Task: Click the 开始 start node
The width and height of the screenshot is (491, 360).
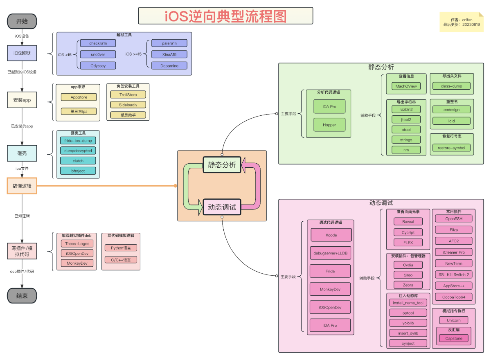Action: click(x=22, y=21)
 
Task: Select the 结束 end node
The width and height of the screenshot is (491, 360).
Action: click(x=22, y=296)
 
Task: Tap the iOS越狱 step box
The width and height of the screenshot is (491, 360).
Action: click(x=22, y=53)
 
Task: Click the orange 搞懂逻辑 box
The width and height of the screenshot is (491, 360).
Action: click(x=22, y=186)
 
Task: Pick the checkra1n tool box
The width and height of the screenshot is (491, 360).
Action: click(x=98, y=43)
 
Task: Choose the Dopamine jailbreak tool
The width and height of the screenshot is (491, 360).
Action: click(x=169, y=65)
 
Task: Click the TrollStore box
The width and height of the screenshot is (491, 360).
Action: click(x=128, y=94)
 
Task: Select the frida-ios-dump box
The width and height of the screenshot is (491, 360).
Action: click(x=78, y=140)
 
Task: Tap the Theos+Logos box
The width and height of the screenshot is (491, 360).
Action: click(x=77, y=243)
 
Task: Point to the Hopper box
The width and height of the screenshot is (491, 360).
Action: click(x=329, y=125)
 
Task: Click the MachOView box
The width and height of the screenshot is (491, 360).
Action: click(x=406, y=86)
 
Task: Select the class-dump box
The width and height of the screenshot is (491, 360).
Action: click(x=451, y=86)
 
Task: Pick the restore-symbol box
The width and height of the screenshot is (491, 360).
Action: click(x=451, y=148)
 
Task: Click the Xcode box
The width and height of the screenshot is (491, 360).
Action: click(x=331, y=235)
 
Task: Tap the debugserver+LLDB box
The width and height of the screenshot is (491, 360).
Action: click(x=330, y=253)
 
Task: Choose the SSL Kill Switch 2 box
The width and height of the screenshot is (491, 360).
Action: click(x=453, y=274)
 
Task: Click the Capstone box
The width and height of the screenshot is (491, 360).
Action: click(x=453, y=338)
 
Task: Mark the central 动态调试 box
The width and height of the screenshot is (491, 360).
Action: click(x=222, y=207)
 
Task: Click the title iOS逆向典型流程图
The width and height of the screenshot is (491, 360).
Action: click(x=225, y=16)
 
